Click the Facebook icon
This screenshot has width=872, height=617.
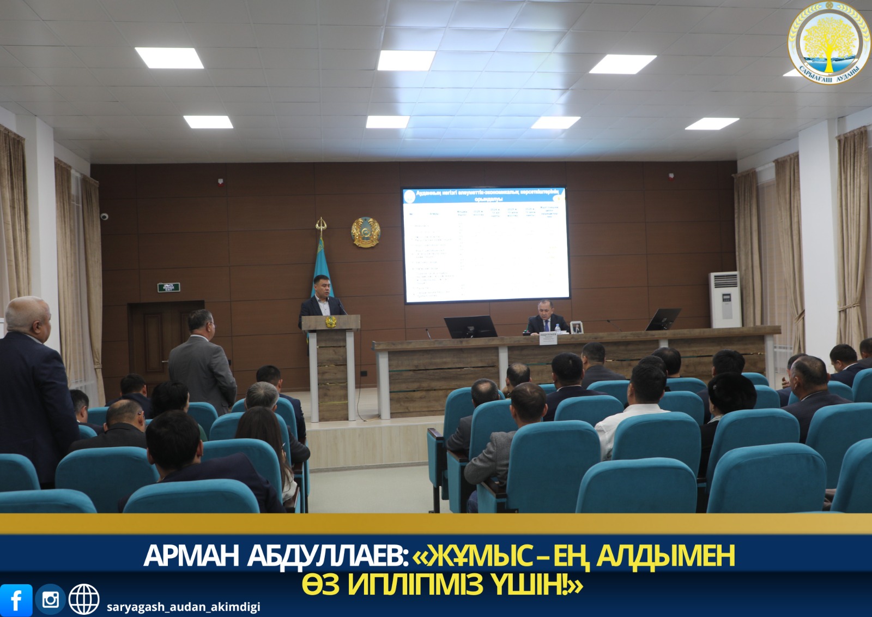click(x=16, y=600)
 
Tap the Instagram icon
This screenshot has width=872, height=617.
click(x=50, y=600)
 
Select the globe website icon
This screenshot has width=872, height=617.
click(x=83, y=600)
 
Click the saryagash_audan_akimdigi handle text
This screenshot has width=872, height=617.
click(x=183, y=607)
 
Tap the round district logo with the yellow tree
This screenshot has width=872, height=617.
click(x=829, y=42)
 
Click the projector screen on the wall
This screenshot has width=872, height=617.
click(x=485, y=245)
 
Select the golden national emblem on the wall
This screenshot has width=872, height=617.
click(x=365, y=232)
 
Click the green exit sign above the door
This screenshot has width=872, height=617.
click(x=169, y=287)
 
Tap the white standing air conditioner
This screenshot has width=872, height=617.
click(x=724, y=299)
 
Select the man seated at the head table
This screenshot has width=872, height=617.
click(x=546, y=319)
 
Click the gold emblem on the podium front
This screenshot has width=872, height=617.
click(x=331, y=322)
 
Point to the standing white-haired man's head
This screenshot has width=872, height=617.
click(x=27, y=316)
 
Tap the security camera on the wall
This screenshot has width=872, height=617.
click(x=104, y=217)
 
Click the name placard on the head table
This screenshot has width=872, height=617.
click(x=549, y=338)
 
